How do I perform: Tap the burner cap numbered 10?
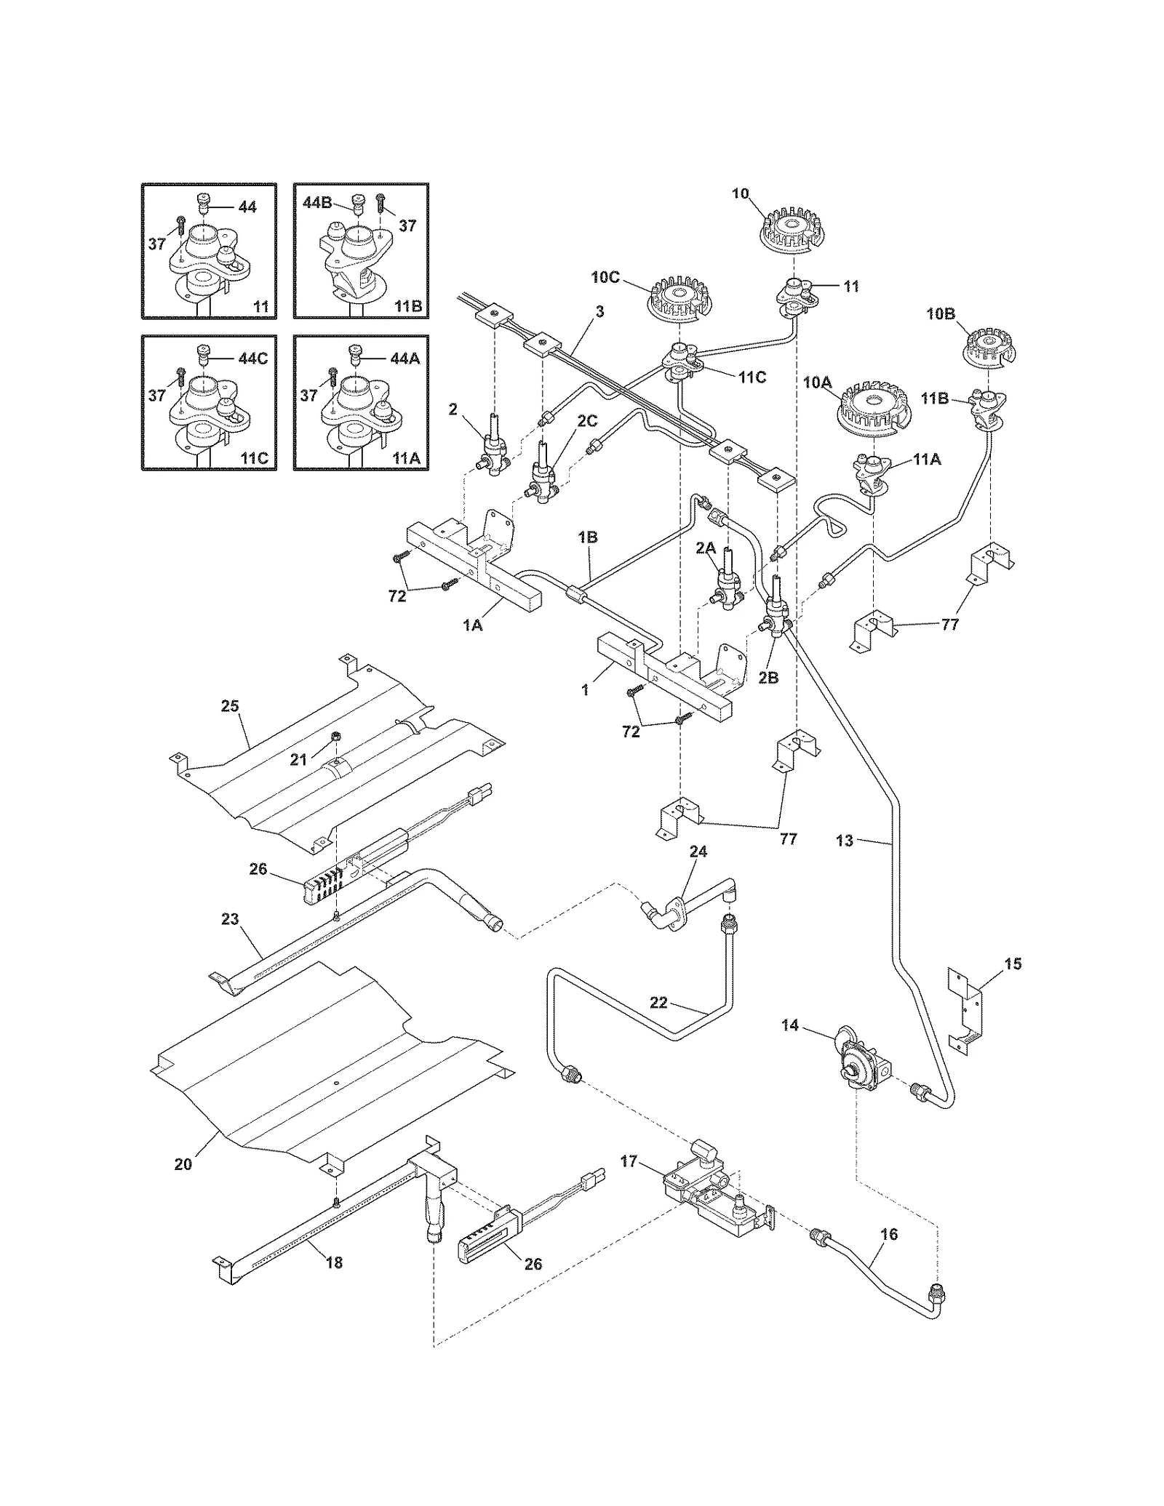pyautogui.click(x=791, y=231)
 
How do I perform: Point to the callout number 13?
pyautogui.click(x=845, y=841)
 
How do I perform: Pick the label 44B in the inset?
pyautogui.click(x=318, y=203)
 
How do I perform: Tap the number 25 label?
pyautogui.click(x=230, y=706)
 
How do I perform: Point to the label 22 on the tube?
pyautogui.click(x=658, y=1003)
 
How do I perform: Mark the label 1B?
pyautogui.click(x=588, y=537)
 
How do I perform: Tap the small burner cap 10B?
pyautogui.click(x=989, y=346)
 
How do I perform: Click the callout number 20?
pyautogui.click(x=183, y=1163)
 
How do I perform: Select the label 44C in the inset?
pyautogui.click(x=252, y=358)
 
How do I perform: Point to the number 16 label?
pyautogui.click(x=888, y=1234)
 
